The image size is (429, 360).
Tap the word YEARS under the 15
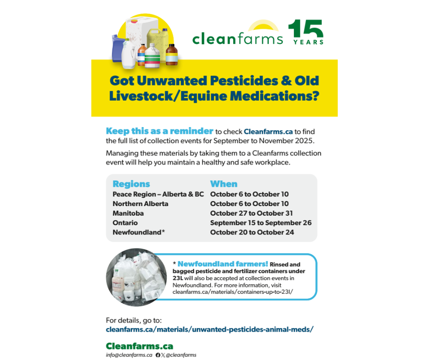(x=309, y=42)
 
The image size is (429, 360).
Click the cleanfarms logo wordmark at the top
(x=237, y=38)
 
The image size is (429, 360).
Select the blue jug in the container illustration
(x=117, y=48)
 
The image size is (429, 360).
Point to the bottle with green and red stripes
(x=152, y=56)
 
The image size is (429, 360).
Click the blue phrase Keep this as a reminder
(x=160, y=131)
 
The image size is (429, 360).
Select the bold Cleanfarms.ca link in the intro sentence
(x=268, y=132)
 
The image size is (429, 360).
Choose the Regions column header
(x=131, y=184)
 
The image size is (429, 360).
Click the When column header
(x=224, y=184)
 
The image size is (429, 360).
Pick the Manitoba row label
(x=128, y=213)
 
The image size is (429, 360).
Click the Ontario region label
(x=125, y=223)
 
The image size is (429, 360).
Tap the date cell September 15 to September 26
(x=261, y=223)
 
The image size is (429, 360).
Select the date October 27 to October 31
(x=251, y=213)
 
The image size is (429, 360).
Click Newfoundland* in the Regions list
(x=139, y=233)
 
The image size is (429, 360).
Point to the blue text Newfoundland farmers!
(x=223, y=264)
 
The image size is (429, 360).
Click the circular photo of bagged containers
(x=136, y=277)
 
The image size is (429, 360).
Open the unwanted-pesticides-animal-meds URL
(x=209, y=329)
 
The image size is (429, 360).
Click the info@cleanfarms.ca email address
(x=129, y=355)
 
